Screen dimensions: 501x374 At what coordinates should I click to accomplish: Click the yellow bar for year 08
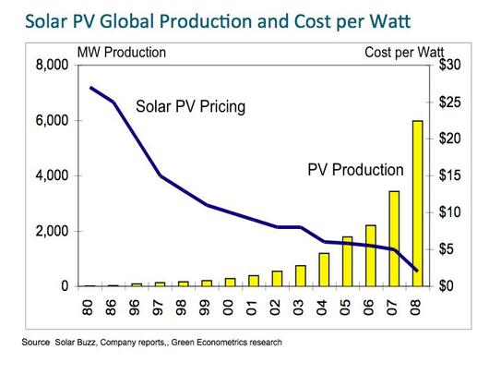pos(418,203)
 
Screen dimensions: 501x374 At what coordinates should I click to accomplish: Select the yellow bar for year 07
pos(394,238)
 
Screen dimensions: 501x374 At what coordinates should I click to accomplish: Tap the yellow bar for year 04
pos(324,270)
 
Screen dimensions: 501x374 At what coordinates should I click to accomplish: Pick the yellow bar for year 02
pos(277,279)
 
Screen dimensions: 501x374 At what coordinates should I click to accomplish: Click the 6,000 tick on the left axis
pos(52,120)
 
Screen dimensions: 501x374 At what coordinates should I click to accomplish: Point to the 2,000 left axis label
pos(52,231)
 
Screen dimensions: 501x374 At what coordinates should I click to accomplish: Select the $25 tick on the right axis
pos(449,102)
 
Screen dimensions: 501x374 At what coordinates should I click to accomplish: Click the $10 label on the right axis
pos(449,212)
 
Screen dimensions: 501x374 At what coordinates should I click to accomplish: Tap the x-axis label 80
pos(88,308)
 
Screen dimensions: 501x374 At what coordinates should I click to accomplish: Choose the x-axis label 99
pos(205,308)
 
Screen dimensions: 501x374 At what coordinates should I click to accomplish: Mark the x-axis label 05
pos(345,308)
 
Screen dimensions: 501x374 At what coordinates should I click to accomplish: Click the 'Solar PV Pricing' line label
pos(190,106)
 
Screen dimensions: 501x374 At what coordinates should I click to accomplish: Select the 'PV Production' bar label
pos(355,169)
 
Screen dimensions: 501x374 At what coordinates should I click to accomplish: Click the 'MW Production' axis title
pos(122,53)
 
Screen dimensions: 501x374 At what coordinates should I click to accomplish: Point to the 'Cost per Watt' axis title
pos(404,53)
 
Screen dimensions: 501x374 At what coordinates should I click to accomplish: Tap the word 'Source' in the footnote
pos(35,343)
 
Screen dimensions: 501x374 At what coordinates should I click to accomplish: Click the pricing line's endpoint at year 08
pos(416,271)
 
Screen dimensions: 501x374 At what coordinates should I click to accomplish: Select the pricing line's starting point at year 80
pos(90,87)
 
